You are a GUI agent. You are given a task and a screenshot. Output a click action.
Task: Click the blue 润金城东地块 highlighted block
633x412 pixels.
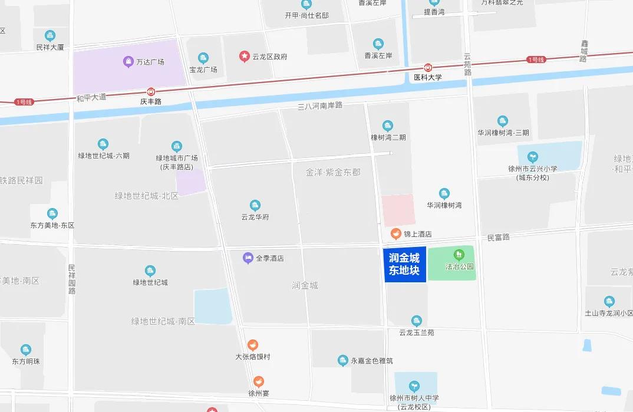tap(405, 264)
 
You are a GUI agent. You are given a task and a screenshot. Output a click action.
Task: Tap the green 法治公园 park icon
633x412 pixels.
tap(460, 255)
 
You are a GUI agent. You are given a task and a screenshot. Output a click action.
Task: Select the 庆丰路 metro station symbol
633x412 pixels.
tap(151, 91)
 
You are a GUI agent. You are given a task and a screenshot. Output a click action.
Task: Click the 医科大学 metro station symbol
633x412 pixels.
tap(428, 67)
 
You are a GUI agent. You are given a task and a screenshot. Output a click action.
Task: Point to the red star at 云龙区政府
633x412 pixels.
tap(244, 56)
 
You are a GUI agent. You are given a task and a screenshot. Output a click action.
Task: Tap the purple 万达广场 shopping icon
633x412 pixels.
tap(128, 61)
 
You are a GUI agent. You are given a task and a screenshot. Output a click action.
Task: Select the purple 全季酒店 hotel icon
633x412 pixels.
tap(248, 258)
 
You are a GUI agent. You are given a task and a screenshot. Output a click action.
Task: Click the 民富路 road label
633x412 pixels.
tap(498, 237)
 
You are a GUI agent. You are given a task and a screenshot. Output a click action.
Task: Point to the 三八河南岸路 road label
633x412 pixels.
tap(320, 106)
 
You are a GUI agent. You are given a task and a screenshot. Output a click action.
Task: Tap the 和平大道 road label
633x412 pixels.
tap(91, 97)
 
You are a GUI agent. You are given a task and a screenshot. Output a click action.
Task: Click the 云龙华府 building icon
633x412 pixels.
tap(255, 206)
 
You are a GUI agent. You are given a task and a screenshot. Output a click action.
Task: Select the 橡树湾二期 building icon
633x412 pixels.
tap(388, 126)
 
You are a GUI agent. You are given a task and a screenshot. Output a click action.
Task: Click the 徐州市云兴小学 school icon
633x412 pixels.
tap(532, 157)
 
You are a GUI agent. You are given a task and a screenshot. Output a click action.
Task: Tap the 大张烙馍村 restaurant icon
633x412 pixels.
tap(252, 345)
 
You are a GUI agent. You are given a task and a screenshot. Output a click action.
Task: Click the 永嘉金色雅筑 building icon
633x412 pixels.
tap(343, 360)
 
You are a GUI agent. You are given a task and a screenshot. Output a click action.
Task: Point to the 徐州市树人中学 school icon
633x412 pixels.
tap(415, 386)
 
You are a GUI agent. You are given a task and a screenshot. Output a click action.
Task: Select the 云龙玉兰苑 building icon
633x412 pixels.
tap(417, 321)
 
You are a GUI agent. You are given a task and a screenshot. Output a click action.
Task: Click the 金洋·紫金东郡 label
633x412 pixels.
tap(333, 173)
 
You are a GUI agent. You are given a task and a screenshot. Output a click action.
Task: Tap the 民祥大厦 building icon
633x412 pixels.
tap(50, 35)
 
